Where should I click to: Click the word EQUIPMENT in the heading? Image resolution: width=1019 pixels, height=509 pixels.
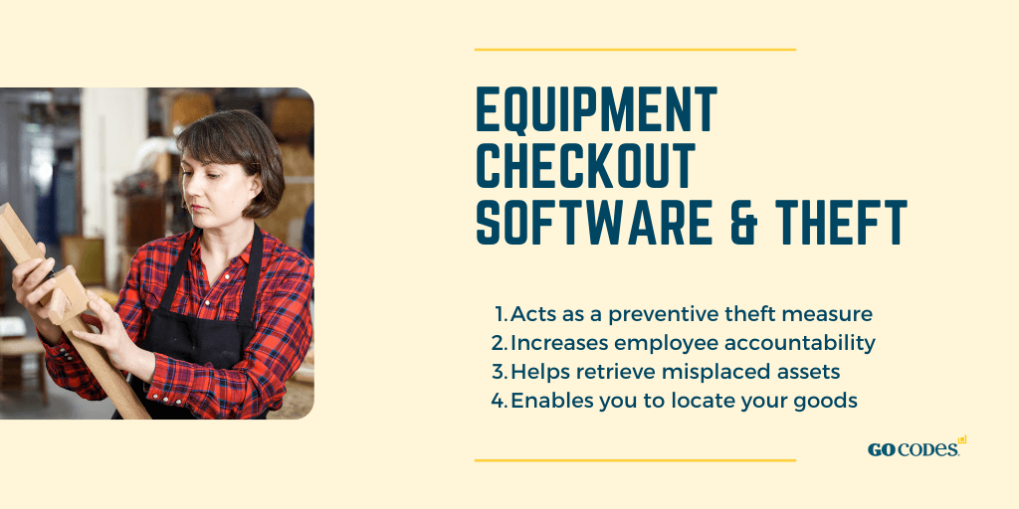tap(597, 109)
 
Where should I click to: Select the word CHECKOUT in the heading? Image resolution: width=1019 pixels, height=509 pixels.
tap(585, 166)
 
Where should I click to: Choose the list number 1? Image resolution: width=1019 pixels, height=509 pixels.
tap(502, 314)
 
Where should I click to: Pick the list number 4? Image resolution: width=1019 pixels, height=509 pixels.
tap(500, 401)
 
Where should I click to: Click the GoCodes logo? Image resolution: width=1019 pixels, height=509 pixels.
tap(917, 447)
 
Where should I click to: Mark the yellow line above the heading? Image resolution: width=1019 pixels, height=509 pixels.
tap(635, 50)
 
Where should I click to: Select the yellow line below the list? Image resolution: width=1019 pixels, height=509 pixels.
tap(635, 460)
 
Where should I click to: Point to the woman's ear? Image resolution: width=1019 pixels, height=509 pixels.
tap(258, 184)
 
